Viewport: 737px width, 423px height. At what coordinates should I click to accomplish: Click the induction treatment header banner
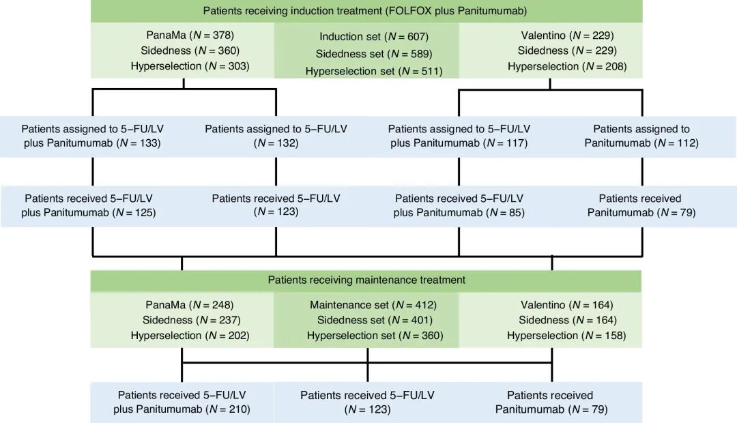pos(366,11)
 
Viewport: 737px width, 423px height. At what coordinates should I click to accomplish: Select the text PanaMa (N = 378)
pos(190,35)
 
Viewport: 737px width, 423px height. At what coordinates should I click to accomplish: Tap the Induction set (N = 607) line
pos(374,36)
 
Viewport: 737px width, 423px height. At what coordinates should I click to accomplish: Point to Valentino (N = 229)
pos(567,35)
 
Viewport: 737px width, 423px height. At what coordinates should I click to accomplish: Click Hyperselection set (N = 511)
pos(374,71)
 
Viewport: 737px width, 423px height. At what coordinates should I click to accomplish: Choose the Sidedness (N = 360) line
pos(190,50)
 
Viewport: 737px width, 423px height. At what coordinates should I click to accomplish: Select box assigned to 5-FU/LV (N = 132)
pos(276,136)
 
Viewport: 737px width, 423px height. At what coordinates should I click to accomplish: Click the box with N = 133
pos(92,136)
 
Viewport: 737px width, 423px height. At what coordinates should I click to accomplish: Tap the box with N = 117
pos(459,136)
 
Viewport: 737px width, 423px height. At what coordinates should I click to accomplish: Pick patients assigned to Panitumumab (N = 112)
pos(641,136)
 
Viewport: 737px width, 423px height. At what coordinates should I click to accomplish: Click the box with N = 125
pos(92,206)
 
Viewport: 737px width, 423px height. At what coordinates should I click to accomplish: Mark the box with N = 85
pos(459,206)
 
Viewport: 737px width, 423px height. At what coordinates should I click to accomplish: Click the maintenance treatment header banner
pos(366,280)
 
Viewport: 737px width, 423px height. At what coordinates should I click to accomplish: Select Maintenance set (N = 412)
pos(373,305)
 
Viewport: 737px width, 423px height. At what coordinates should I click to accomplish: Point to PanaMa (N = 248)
pos(190,305)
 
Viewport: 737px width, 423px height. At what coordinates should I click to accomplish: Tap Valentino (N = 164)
pos(567,305)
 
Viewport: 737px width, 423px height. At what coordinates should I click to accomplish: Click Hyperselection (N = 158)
pos(566,336)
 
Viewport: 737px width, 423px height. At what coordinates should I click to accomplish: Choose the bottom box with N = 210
pos(182,403)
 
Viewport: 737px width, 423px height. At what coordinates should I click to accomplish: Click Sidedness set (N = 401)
pos(375,320)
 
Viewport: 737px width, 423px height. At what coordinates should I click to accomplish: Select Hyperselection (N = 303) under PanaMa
pos(190,66)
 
